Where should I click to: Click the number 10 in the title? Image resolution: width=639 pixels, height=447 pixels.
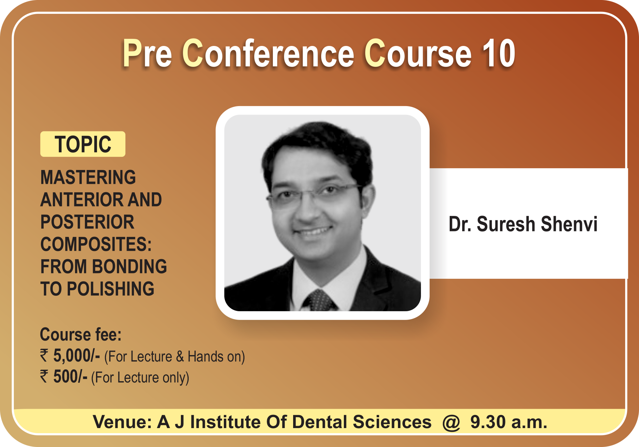pyautogui.click(x=498, y=53)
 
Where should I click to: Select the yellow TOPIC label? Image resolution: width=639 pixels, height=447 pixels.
pyautogui.click(x=83, y=144)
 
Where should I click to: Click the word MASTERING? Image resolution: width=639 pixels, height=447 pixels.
pyautogui.click(x=88, y=177)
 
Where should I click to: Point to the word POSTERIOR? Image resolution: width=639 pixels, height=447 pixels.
pyautogui.click(x=87, y=222)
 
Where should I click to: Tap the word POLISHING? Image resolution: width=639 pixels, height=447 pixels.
pyautogui.click(x=111, y=289)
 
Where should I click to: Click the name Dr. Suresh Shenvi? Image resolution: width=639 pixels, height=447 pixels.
pyautogui.click(x=523, y=224)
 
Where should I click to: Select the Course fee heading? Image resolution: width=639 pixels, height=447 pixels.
pyautogui.click(x=81, y=334)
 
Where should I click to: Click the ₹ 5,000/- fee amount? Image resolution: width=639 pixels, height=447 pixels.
pyautogui.click(x=70, y=356)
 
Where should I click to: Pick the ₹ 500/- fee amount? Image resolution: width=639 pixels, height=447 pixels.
pyautogui.click(x=64, y=377)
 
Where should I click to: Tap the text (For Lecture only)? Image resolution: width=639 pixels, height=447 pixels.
pyautogui.click(x=140, y=378)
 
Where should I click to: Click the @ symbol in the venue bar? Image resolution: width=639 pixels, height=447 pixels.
pyautogui.click(x=451, y=422)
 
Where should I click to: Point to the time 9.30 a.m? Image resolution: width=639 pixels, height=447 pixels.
pyautogui.click(x=508, y=422)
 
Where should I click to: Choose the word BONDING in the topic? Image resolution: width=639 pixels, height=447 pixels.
pyautogui.click(x=129, y=267)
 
